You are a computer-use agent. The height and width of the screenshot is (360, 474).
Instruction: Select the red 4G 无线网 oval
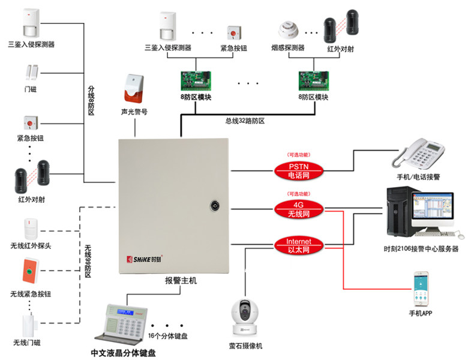coord(299,209)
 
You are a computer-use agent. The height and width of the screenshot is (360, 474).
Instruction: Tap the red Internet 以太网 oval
coord(299,245)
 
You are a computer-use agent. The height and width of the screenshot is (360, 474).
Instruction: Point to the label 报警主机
coord(181,280)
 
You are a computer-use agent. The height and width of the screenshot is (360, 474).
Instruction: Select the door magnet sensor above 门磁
coord(31,73)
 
